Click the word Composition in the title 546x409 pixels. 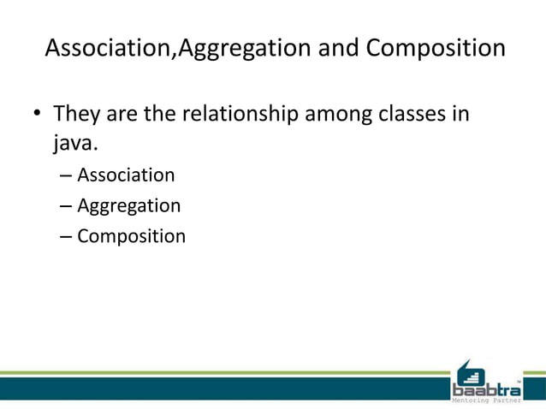(x=436, y=48)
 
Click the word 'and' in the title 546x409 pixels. (x=337, y=48)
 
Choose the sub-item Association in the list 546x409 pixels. (x=126, y=175)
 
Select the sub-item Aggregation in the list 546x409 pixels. (x=128, y=206)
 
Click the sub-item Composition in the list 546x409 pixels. (x=131, y=236)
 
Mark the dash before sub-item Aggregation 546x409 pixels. (x=67, y=206)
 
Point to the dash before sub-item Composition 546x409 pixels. (x=67, y=236)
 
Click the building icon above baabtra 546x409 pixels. (x=469, y=370)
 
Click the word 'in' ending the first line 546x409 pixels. (x=460, y=113)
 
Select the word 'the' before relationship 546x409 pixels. (x=162, y=113)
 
